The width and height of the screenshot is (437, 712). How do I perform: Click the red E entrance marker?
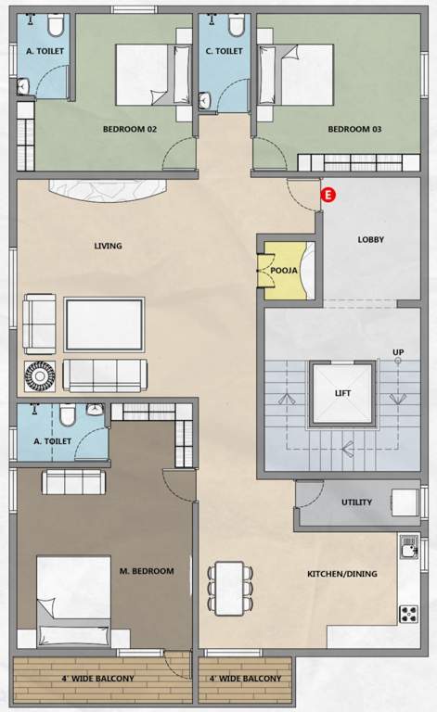pos(327,194)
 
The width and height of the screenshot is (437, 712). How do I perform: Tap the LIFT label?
pos(342,393)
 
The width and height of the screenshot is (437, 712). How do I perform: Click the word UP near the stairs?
pos(398,352)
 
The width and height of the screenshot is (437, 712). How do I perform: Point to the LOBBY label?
pos(371,239)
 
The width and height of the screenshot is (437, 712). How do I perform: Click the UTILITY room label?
pos(356,502)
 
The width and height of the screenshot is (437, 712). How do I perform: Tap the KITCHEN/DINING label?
pos(342,574)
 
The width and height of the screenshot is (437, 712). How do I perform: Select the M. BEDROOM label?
pos(147,571)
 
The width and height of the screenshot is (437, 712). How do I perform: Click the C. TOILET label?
pos(224,51)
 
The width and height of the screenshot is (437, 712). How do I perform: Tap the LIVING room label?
pos(108,246)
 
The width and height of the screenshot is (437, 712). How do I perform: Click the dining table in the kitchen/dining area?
pos(229,587)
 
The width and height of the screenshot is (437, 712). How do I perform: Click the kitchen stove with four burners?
pos(408,613)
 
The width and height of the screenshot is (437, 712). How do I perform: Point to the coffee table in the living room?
pos(104,323)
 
